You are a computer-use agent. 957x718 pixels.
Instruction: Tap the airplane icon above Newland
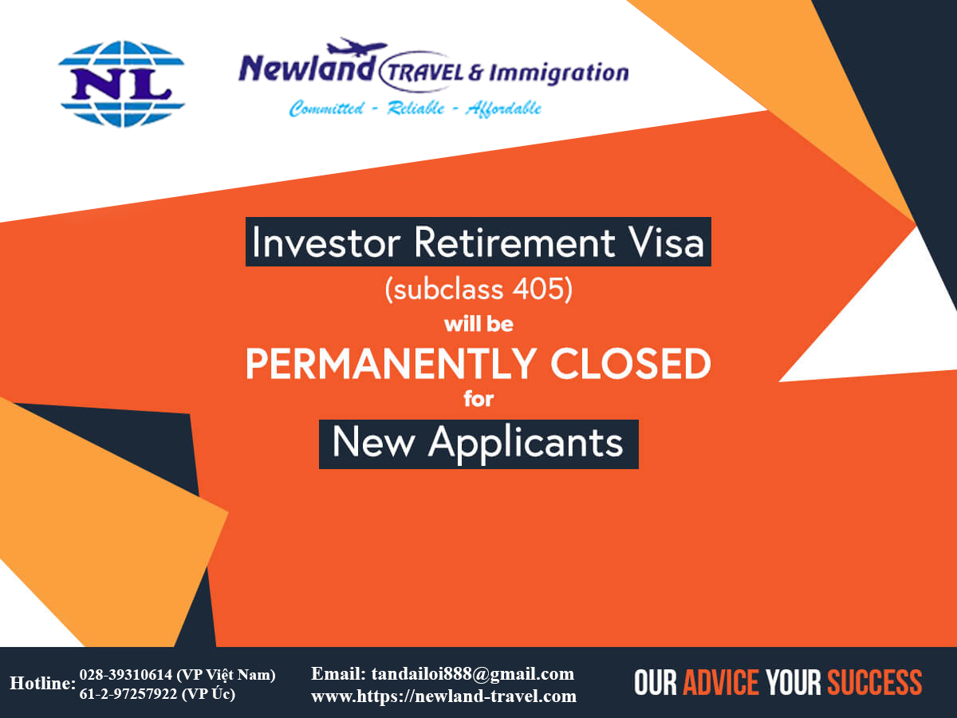[x=360, y=46]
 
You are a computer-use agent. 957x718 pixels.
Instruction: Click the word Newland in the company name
[x=305, y=71]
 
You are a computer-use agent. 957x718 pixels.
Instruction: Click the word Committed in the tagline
[x=324, y=108]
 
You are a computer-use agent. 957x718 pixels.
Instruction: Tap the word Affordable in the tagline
[x=503, y=108]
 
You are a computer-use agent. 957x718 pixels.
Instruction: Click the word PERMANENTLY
[x=391, y=364]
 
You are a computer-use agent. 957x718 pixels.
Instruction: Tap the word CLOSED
[x=630, y=364]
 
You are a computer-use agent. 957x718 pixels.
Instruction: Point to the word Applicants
[x=526, y=442]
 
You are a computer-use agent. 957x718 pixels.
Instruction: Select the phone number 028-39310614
[x=125, y=675]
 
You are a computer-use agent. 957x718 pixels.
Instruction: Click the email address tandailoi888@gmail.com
[x=472, y=673]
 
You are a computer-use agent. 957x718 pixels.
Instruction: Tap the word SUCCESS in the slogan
[x=874, y=683]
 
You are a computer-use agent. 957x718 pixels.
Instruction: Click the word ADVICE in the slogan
[x=721, y=683]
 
